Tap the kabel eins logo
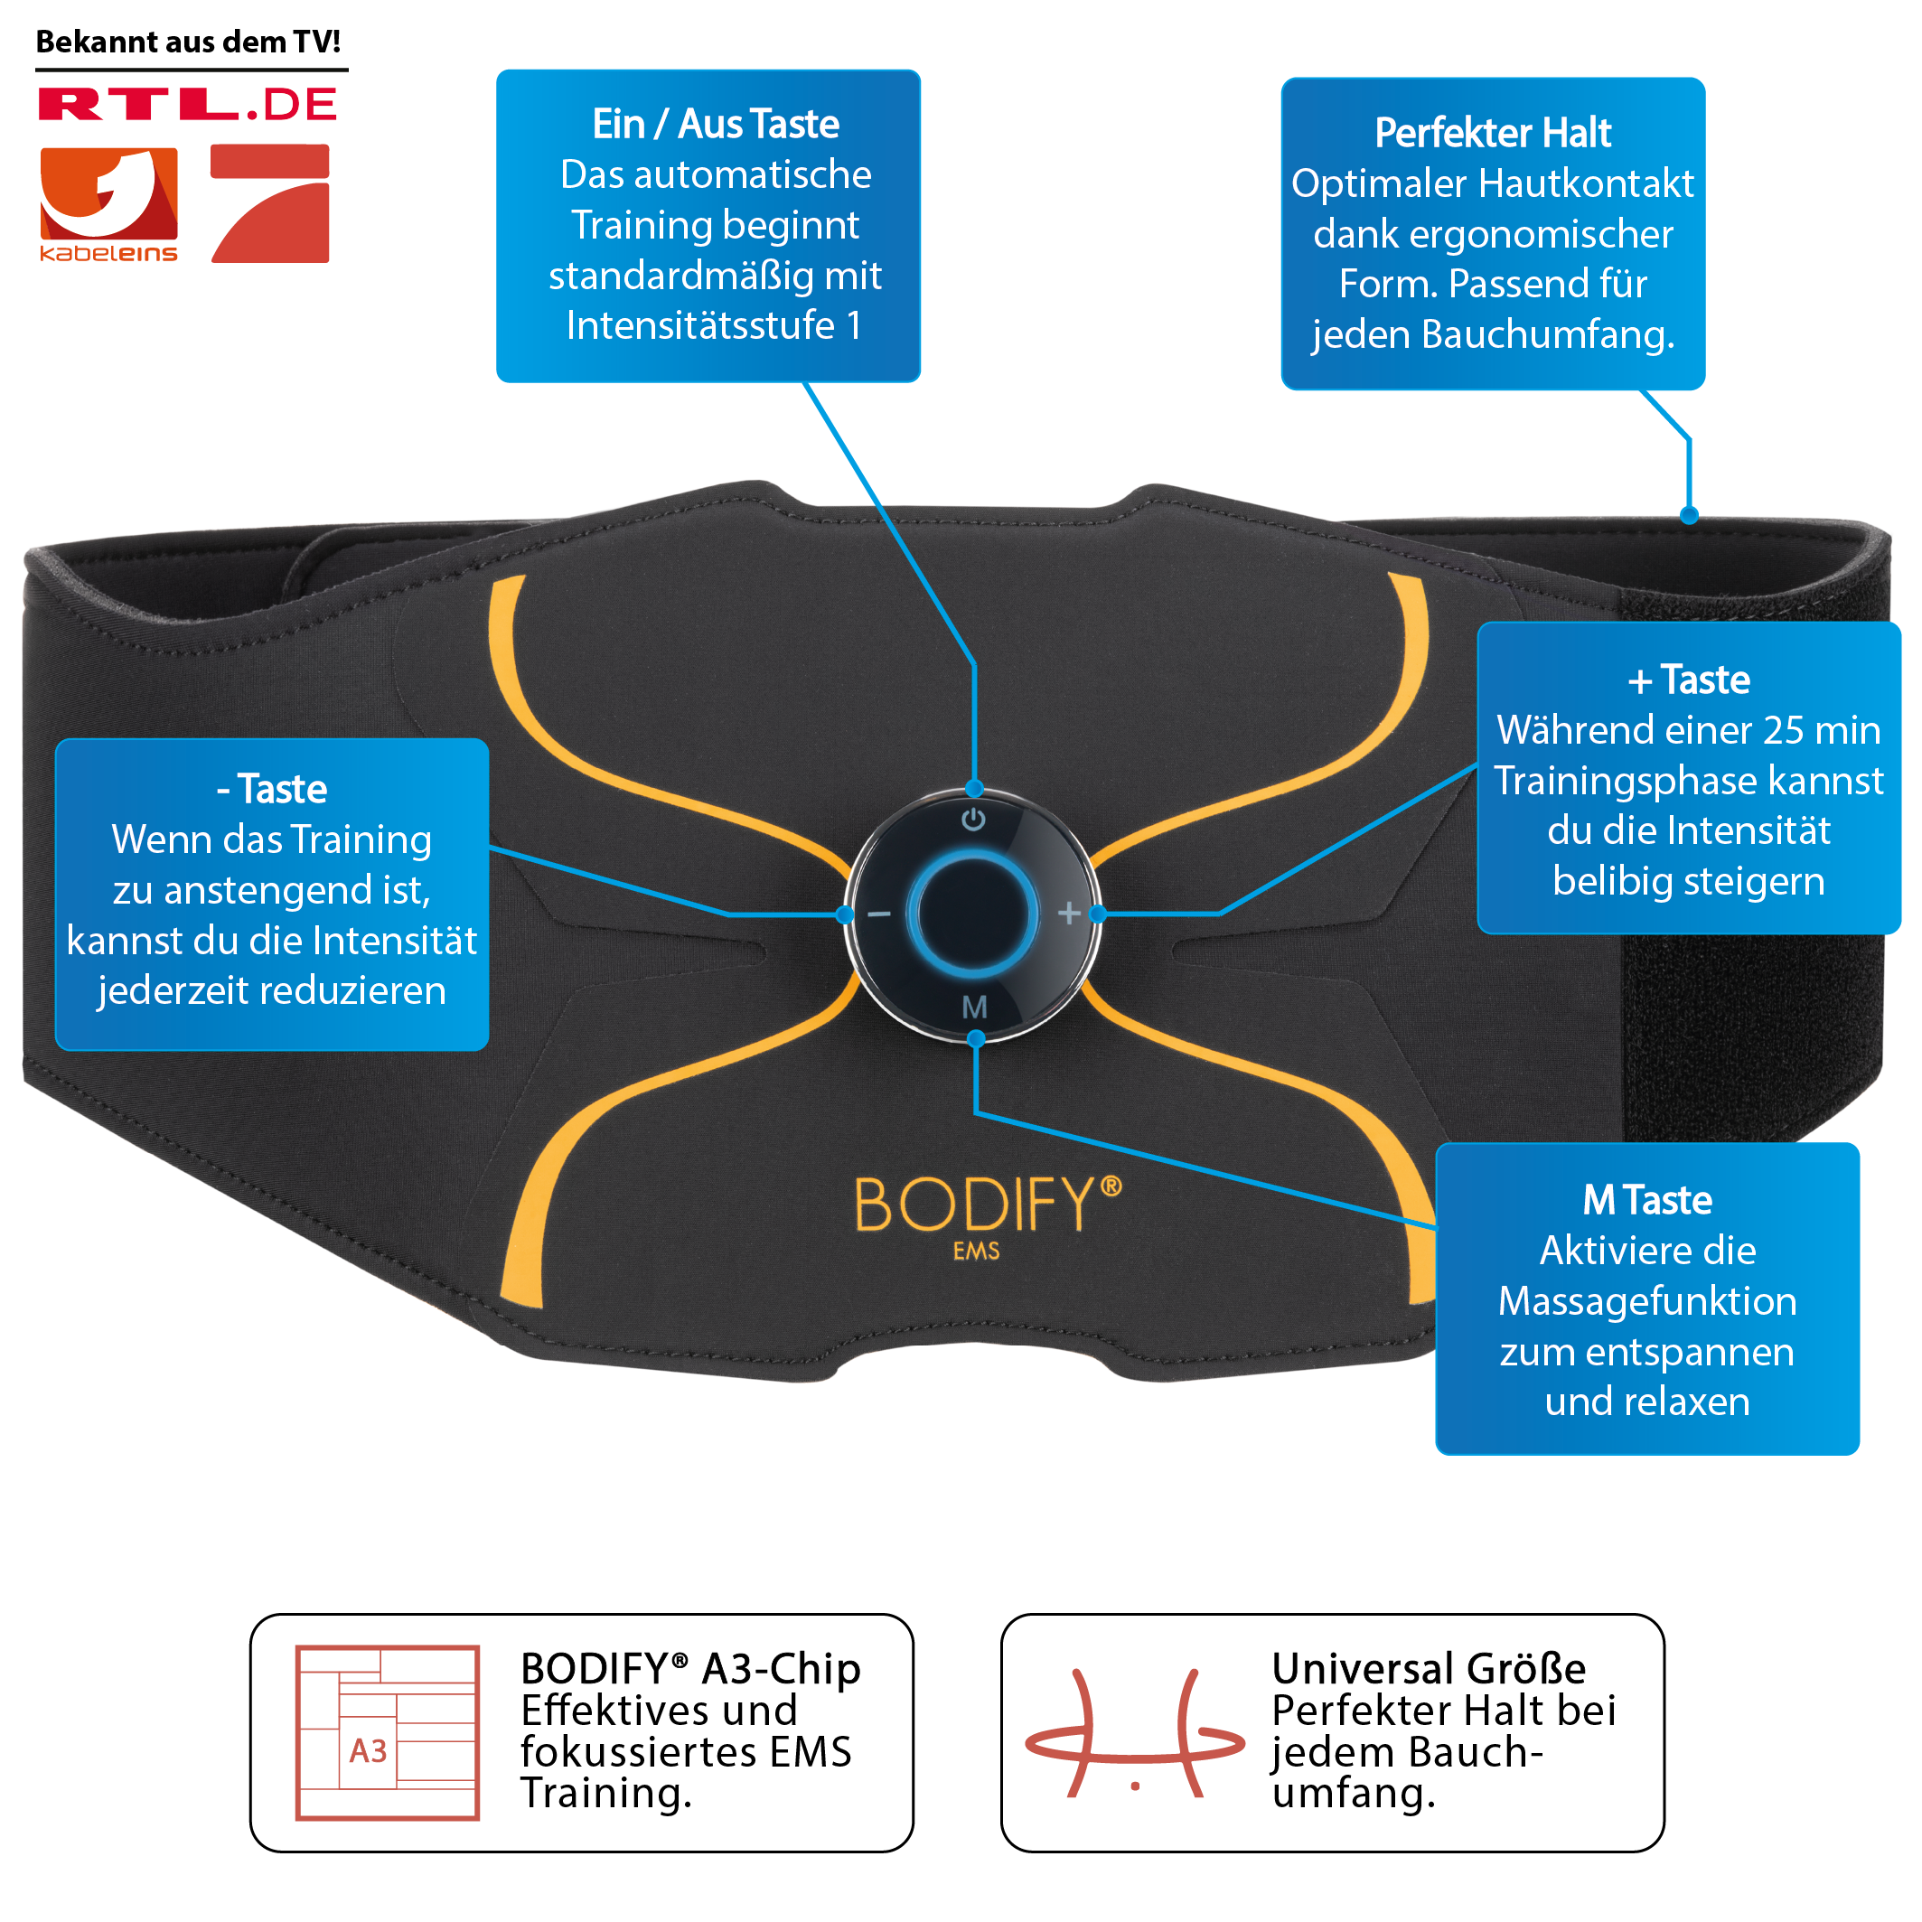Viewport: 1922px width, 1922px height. coord(108,205)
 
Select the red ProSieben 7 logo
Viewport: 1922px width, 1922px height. coord(270,203)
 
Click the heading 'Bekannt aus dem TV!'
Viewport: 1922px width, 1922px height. coord(188,42)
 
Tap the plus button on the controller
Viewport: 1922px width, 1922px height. coord(1068,913)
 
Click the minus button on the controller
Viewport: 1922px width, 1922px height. coord(879,914)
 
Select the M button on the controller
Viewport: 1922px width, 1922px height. coord(975,1007)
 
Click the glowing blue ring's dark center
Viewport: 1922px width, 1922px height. coord(973,913)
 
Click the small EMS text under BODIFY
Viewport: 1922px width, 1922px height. coord(976,1251)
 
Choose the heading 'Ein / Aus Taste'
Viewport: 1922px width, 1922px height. coord(716,125)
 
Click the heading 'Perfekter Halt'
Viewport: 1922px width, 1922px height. coord(1492,132)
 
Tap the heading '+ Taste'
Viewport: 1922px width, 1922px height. coord(1688,680)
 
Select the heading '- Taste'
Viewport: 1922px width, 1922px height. coord(272,789)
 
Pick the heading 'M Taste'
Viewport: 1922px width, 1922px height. coord(1646,1200)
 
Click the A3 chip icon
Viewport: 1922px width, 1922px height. coord(387,1733)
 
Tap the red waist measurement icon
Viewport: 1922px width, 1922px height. coord(1135,1734)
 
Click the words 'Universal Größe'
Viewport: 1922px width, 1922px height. coord(1429,1668)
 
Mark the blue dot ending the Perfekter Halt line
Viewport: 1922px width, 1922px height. coord(1688,515)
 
